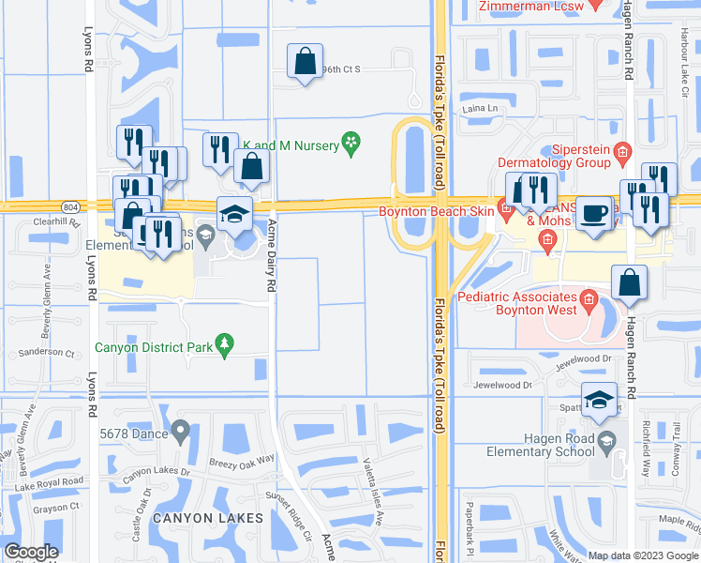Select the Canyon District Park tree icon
(x=223, y=345)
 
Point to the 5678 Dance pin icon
(x=181, y=432)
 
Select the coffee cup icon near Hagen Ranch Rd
(x=593, y=213)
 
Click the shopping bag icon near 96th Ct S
(x=305, y=63)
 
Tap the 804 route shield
(x=70, y=206)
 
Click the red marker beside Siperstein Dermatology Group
(x=621, y=151)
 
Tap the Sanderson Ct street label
(x=50, y=353)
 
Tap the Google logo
(x=32, y=552)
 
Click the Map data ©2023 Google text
(x=642, y=555)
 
